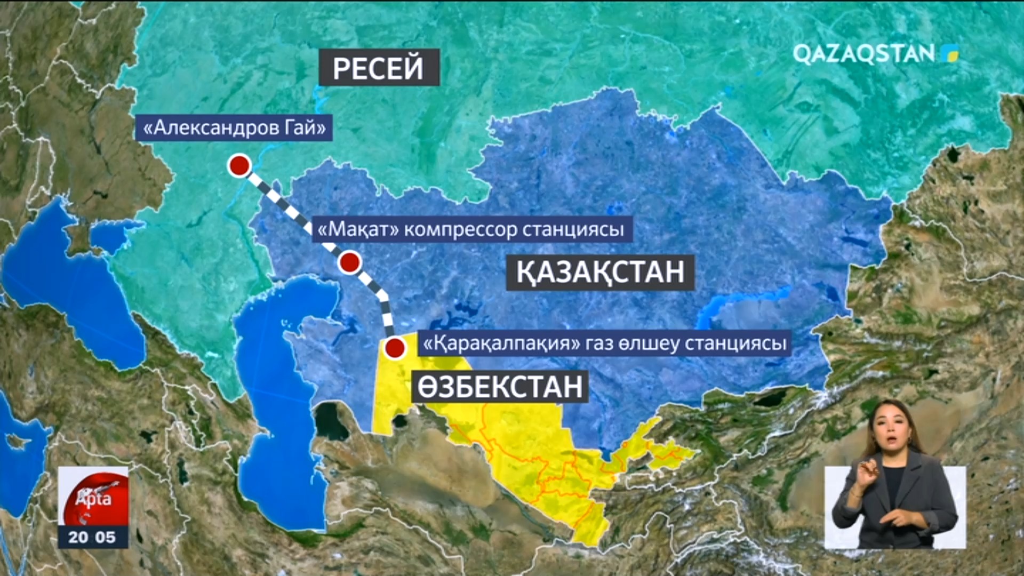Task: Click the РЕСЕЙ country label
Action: point(379,68)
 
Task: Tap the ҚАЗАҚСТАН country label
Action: point(600,272)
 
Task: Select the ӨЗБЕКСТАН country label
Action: point(500,387)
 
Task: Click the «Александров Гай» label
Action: point(234,128)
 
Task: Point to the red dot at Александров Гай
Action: point(239,166)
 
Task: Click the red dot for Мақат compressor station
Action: point(350,262)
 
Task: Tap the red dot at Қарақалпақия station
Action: point(395,348)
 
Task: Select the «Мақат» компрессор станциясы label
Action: point(471,229)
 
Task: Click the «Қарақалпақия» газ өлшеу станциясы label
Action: point(604,343)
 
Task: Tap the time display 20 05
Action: point(92,537)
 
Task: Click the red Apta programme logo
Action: point(93,498)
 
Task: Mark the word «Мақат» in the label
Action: point(358,229)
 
